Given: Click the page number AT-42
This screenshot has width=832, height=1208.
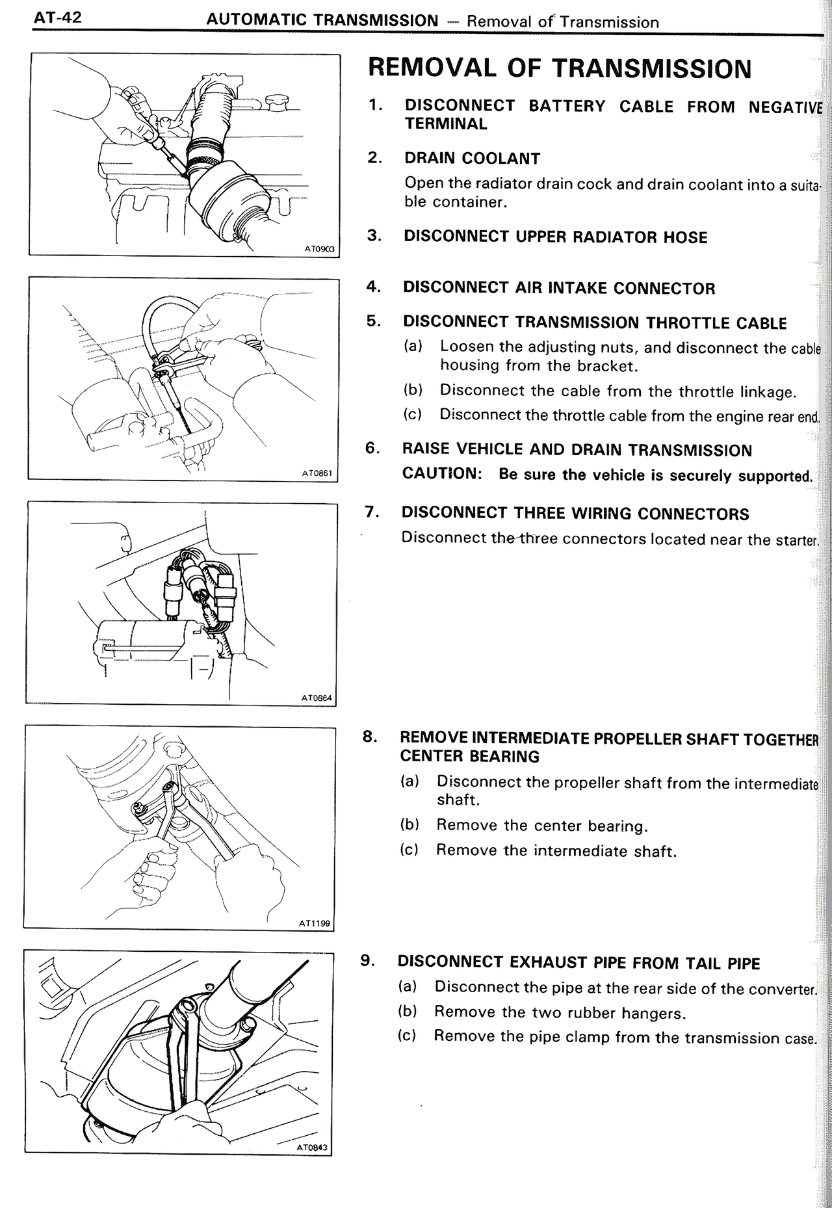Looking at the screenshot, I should click(58, 18).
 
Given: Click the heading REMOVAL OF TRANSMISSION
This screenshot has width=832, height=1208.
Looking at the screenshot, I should click(559, 68).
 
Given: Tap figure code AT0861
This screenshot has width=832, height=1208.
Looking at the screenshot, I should click(317, 473).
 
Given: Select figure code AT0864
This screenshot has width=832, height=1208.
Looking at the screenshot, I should click(317, 698).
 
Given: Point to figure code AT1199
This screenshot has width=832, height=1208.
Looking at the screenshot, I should click(315, 923).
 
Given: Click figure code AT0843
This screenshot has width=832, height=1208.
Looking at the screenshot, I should click(313, 1148).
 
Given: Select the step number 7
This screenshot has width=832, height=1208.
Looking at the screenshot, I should click(372, 512).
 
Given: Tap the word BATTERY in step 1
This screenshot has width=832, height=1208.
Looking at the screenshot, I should click(566, 106).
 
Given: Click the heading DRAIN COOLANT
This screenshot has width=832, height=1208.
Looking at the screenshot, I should click(472, 159).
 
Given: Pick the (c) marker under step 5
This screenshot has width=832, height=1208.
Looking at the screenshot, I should click(413, 414).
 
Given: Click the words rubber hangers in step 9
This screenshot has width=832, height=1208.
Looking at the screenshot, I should click(625, 1013).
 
